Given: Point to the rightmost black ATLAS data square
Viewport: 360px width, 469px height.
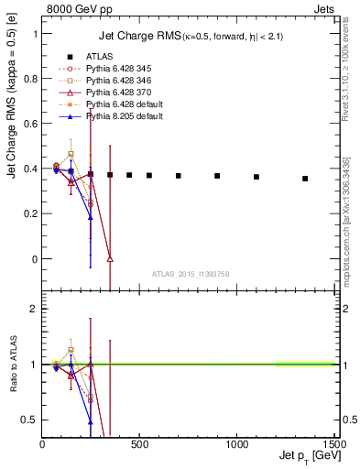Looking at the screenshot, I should (x=305, y=179).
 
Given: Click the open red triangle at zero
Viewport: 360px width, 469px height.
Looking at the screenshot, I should (x=110, y=259).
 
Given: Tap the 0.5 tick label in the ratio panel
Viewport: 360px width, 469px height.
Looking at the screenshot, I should (x=29, y=420).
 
